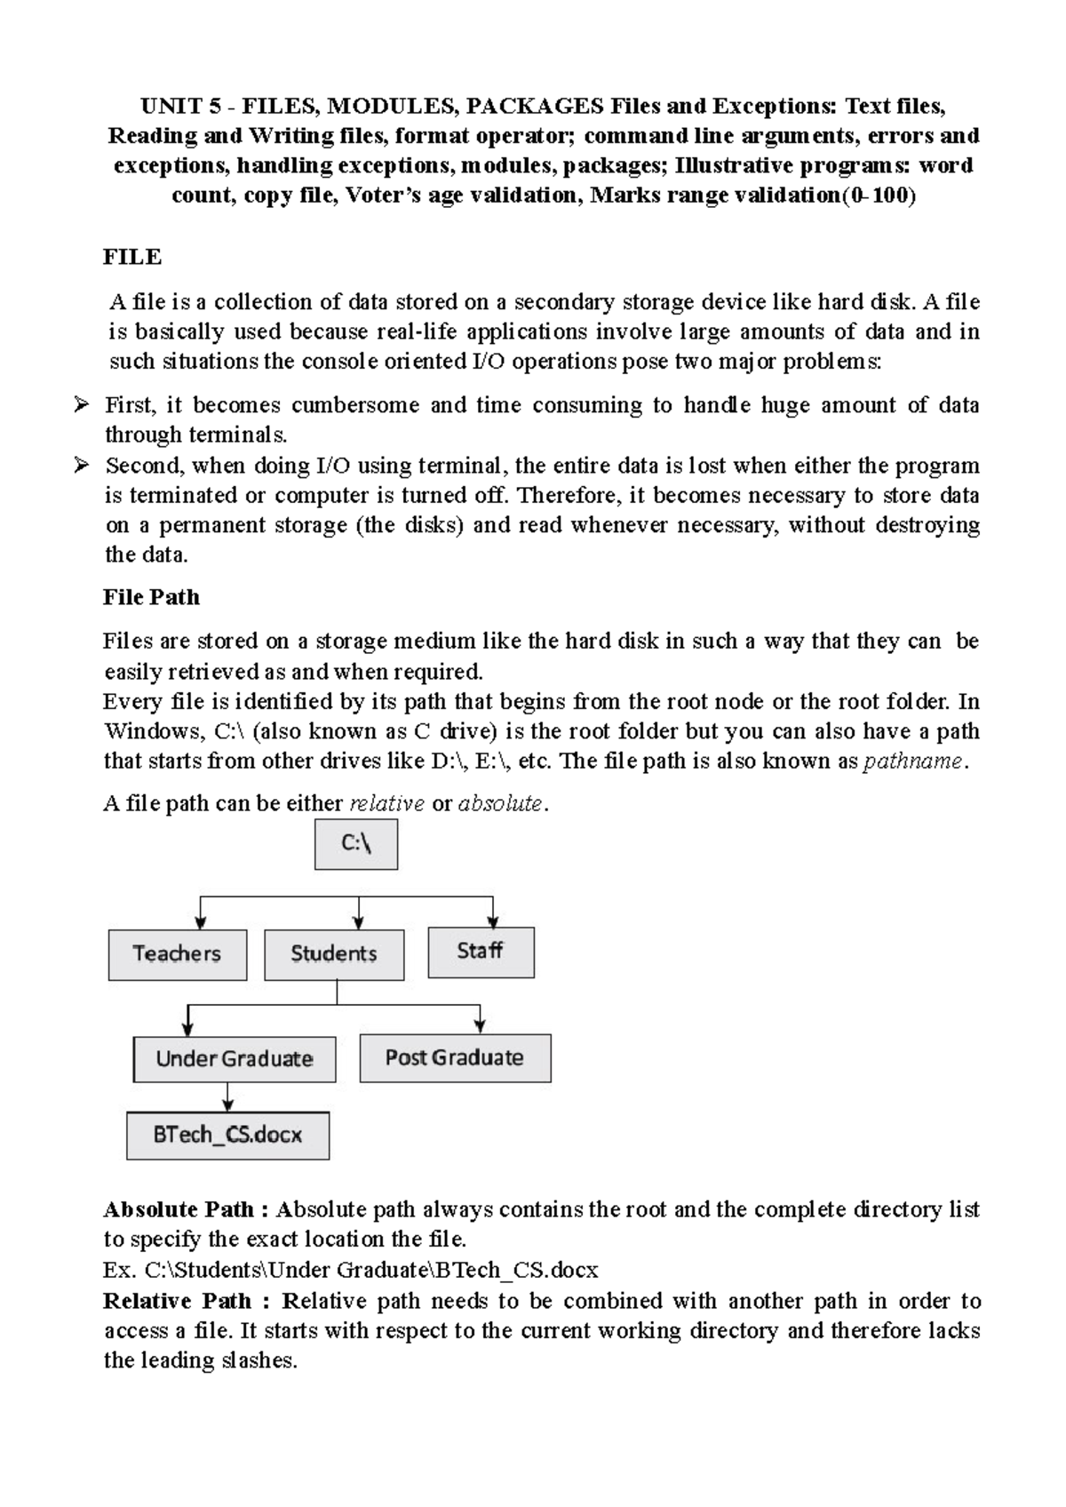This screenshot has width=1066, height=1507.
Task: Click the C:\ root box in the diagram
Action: pos(356,844)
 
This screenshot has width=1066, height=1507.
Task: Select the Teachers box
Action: pos(178,954)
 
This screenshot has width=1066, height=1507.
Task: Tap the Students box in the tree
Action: pos(334,954)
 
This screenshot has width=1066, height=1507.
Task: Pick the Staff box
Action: pos(481,952)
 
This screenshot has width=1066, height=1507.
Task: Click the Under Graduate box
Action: pos(235,1058)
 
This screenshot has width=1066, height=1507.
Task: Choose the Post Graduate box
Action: pos(455,1057)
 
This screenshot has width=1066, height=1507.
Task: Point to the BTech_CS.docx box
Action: pos(227,1135)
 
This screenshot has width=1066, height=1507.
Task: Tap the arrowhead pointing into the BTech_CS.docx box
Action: pos(228,1104)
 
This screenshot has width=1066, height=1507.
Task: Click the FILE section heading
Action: pos(132,257)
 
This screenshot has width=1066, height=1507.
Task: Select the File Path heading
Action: pos(151,597)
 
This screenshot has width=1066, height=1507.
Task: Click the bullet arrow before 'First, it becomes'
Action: pos(81,405)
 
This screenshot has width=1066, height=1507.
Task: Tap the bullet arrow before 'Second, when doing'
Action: pos(81,465)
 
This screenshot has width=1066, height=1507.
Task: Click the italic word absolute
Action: pos(499,804)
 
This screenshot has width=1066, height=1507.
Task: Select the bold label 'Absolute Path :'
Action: pos(186,1209)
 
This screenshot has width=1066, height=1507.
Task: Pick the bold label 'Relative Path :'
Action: pos(186,1301)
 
